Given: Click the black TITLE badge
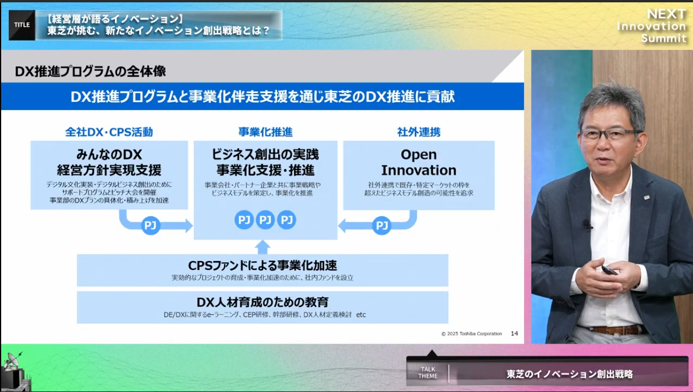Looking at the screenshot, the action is coord(22,25).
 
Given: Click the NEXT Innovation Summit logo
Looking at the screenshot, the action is coord(652,26).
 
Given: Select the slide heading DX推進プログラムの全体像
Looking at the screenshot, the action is coord(90,71).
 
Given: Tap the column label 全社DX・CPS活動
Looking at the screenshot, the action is coord(109,131).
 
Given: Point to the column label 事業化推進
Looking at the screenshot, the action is coord(265,131).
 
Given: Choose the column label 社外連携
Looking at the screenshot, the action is coord(418,131).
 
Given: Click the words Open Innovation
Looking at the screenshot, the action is coord(418,162).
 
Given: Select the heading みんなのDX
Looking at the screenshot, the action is coord(109,154).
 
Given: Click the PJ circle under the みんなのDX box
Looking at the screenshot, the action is coord(150,226).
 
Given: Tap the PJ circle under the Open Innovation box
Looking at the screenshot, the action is coord(382,226).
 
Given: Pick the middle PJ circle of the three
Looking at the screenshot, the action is coord(265,220).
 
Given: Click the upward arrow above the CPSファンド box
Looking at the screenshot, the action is coord(262,247).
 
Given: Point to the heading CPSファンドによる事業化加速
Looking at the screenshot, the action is coord(262,265).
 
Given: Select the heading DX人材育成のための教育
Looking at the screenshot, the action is coord(262,302).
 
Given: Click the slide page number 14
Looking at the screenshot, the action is coord(514,334).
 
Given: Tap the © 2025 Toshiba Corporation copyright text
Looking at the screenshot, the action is coord(471,334).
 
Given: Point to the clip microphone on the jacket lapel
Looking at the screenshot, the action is coord(588,225).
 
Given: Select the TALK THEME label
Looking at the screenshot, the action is coord(428,373).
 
